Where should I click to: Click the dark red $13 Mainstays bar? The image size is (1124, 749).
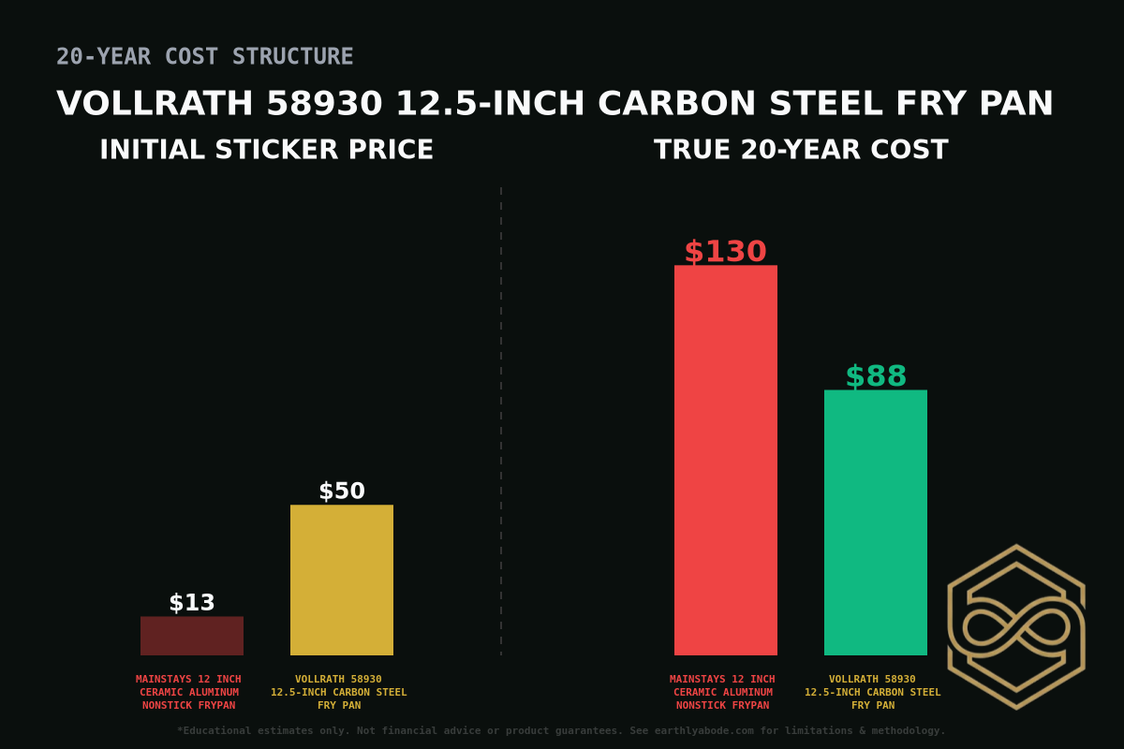coord(192,636)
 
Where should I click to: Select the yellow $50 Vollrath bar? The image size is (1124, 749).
coord(342,580)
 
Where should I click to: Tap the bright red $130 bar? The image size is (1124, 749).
coord(726,460)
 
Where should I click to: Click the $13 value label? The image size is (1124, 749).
coord(192,603)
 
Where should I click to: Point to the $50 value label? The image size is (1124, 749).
coord(342,492)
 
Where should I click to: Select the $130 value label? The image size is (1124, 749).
coord(725,252)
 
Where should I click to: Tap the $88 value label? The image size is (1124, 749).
coord(876,376)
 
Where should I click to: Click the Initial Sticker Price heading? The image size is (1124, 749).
coord(266,150)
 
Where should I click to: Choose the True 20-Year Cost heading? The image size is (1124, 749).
coord(801,150)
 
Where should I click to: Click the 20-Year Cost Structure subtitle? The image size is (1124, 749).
coord(204,57)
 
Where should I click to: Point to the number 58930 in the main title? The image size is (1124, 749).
coord(324,104)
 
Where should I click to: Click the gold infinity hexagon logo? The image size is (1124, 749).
coord(1016,626)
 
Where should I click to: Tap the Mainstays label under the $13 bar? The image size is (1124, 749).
coord(188,692)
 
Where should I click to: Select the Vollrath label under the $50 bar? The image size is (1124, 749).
coord(339,692)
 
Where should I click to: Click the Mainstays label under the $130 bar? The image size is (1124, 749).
coord(722,692)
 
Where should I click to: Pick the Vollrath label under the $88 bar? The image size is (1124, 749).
coord(873,692)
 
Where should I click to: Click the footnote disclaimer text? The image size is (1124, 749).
coord(561,730)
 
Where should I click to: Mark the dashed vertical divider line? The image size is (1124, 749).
coord(501,421)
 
